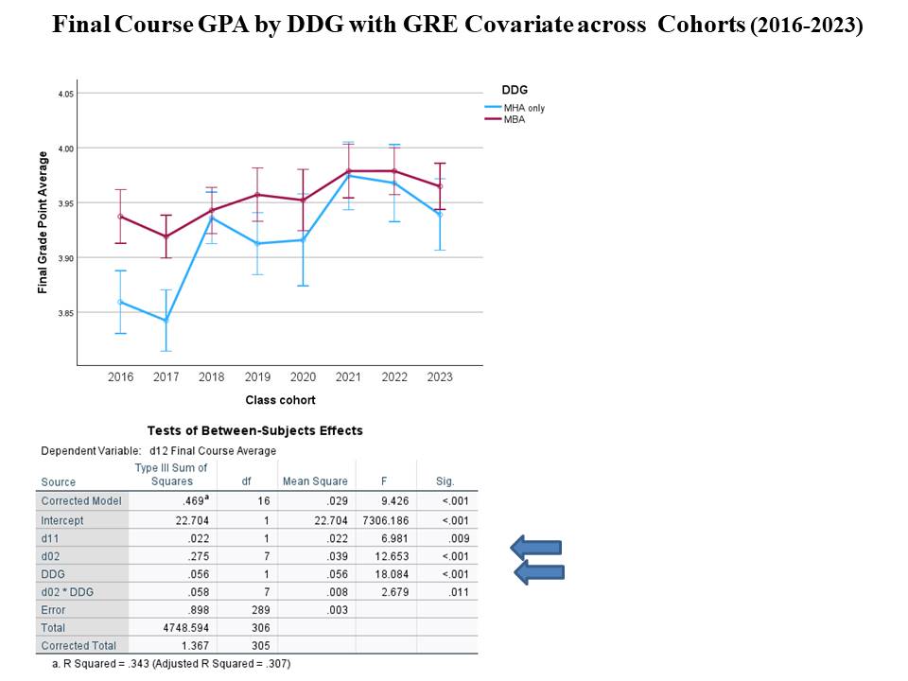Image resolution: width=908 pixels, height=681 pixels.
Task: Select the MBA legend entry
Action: click(x=515, y=119)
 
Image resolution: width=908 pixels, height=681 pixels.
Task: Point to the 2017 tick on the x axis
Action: click(x=166, y=376)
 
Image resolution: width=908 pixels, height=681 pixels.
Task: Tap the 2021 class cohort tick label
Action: click(x=348, y=376)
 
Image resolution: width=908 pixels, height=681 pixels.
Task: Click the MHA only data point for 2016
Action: click(x=120, y=302)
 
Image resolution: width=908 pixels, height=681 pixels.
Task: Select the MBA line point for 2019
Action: click(x=257, y=195)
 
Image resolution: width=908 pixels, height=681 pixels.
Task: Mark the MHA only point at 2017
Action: click(x=166, y=321)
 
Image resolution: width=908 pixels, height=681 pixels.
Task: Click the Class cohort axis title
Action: click(x=280, y=400)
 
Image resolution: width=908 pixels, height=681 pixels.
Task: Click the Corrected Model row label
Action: click(x=81, y=501)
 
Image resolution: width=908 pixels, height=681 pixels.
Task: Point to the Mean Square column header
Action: click(x=316, y=481)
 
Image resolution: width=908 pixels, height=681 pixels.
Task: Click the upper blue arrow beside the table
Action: click(x=536, y=547)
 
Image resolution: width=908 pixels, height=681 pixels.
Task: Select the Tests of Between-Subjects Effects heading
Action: click(x=255, y=430)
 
